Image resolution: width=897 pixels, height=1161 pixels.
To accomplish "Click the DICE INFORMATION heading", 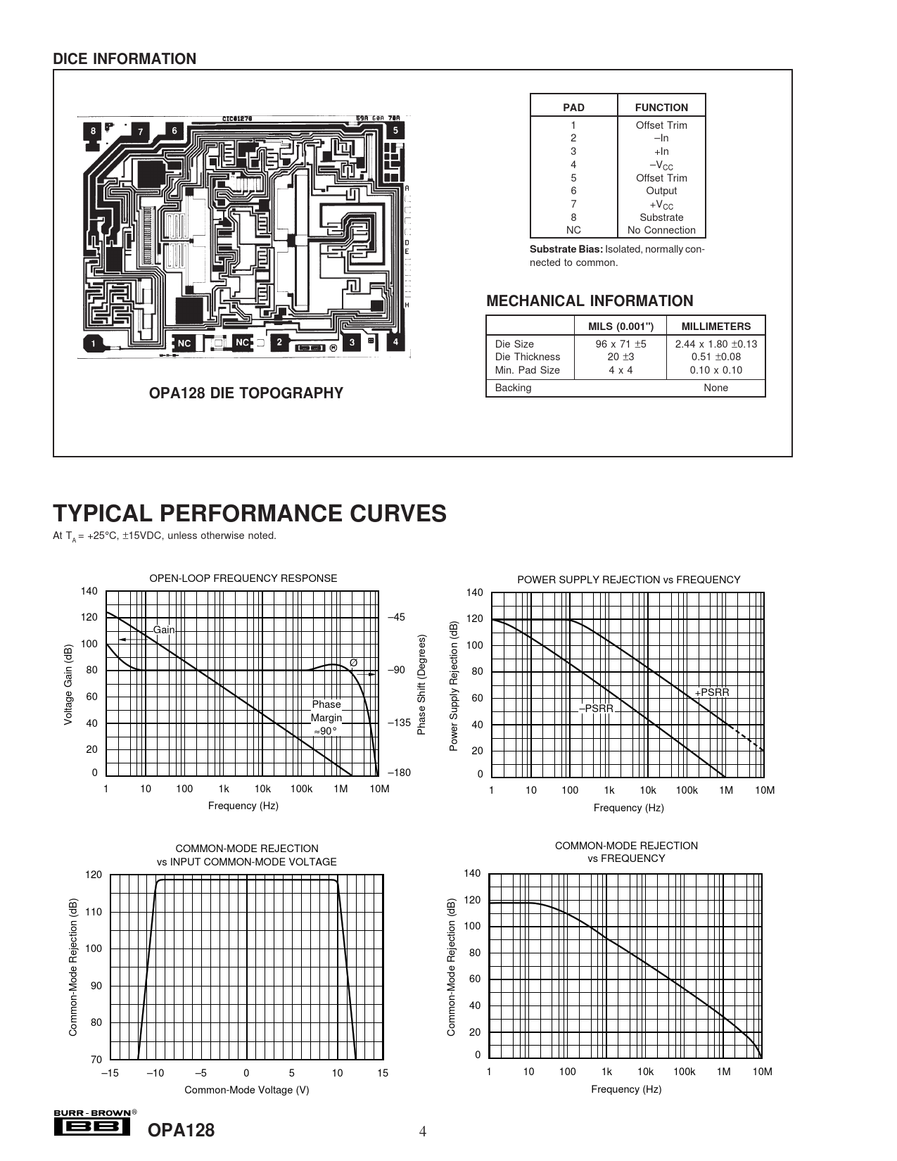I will click(125, 59).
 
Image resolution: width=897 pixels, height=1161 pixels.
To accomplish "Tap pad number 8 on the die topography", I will click(92, 131).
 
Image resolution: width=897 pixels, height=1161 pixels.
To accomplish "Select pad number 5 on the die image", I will click(396, 130).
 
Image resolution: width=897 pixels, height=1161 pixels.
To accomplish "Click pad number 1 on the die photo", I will click(92, 344).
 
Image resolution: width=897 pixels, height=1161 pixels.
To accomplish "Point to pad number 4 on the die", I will click(396, 342).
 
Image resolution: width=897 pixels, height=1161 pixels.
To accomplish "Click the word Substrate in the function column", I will click(661, 217).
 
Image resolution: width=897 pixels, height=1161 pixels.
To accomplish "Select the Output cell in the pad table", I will click(661, 191).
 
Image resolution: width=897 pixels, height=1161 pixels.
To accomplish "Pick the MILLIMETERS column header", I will click(715, 326).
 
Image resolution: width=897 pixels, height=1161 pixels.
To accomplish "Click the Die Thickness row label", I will click(527, 357).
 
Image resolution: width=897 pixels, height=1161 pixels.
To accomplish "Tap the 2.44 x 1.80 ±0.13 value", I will click(715, 344).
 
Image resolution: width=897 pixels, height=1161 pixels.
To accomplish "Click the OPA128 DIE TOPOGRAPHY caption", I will click(246, 393).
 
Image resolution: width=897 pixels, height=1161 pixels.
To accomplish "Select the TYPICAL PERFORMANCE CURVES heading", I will click(250, 514).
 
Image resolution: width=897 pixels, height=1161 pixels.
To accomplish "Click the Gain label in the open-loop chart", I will click(164, 630).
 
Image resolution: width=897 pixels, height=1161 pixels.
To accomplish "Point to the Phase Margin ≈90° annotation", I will click(326, 718).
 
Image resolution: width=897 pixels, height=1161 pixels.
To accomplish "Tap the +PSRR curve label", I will click(712, 692).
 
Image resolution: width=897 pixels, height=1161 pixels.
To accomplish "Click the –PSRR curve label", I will click(597, 709).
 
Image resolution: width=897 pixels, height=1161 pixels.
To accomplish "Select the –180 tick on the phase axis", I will click(398, 773).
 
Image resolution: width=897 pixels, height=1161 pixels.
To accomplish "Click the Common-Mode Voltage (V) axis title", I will click(246, 1090).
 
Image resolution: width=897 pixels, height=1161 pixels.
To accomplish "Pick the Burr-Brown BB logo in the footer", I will click(91, 1127).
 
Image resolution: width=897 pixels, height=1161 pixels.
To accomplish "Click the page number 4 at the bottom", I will click(423, 1132).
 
